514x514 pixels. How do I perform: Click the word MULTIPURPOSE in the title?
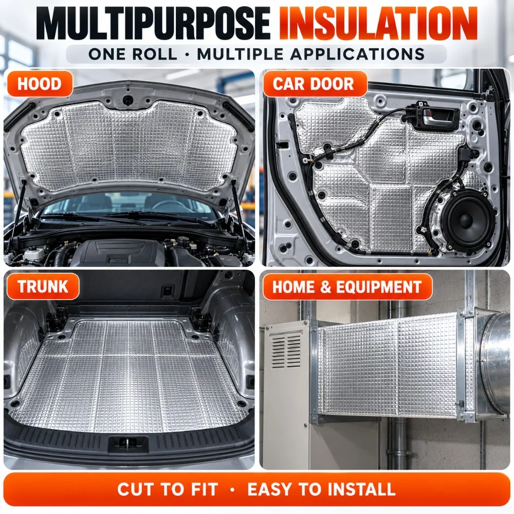[x=153, y=23]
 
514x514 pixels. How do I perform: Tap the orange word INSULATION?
[x=378, y=23]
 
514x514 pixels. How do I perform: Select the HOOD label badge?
[x=39, y=84]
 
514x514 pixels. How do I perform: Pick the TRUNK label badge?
[x=43, y=286]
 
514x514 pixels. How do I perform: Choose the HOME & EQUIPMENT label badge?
[x=347, y=287]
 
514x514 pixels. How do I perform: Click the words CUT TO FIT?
[x=168, y=489]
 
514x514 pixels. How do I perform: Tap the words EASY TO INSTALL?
[x=321, y=489]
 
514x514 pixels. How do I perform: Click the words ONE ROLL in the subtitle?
[x=133, y=54]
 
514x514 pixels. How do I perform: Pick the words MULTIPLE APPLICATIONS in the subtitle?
[x=311, y=54]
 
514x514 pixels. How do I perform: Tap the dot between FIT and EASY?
[x=233, y=490]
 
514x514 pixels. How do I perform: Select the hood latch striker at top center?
[x=127, y=99]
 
